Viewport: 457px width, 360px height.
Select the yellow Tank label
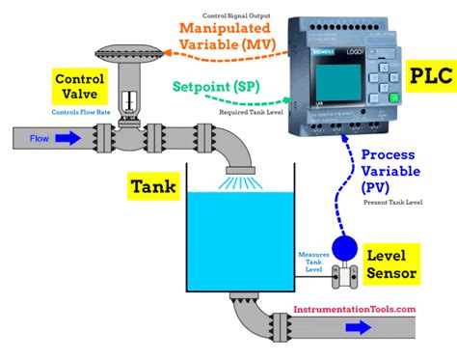[153, 184]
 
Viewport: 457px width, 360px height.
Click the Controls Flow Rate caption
[79, 113]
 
